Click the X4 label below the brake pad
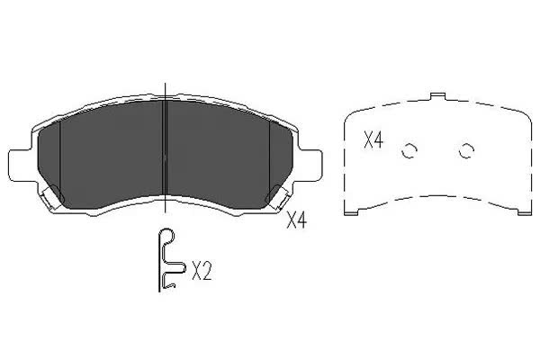296,220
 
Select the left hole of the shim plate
409,150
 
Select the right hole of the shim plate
466,150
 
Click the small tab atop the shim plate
438,96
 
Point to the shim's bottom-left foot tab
351,212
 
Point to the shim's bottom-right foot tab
525,212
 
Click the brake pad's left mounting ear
21,165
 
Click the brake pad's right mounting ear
310,165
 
